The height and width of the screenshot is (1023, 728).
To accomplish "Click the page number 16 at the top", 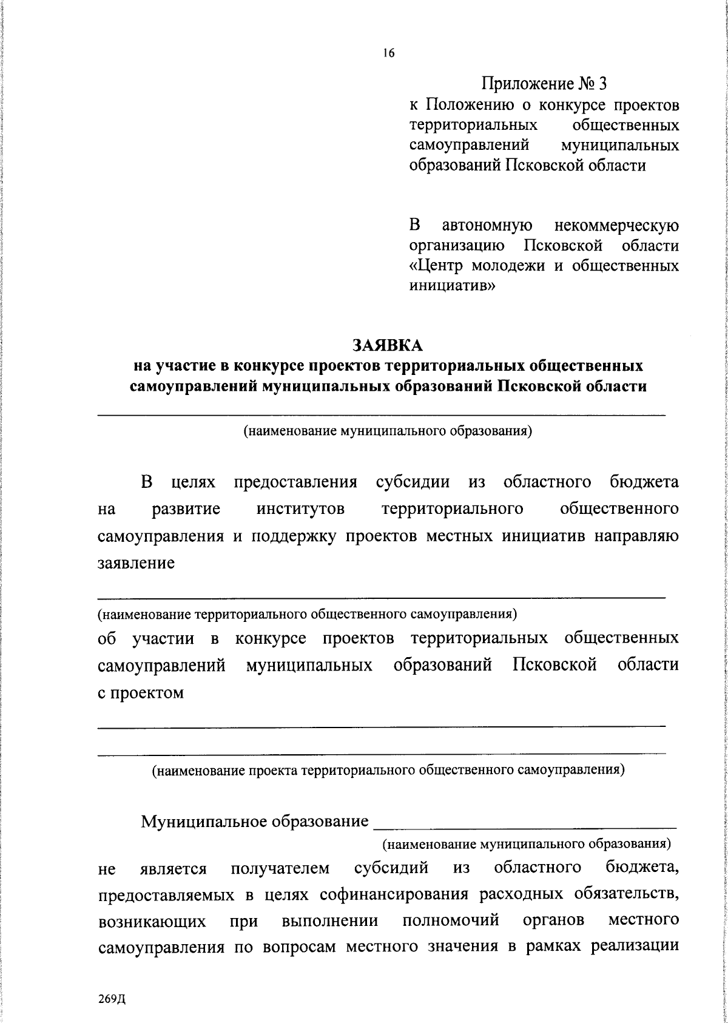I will [x=389, y=54].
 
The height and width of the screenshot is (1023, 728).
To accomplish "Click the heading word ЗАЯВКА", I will [x=388, y=345].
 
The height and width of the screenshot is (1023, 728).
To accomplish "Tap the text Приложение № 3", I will [x=544, y=83].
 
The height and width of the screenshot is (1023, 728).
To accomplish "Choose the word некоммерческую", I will [x=617, y=226].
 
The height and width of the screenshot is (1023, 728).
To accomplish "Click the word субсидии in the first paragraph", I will [x=413, y=482].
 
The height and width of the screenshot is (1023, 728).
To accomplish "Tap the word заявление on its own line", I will [x=136, y=562].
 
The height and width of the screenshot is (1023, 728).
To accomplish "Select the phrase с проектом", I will [x=141, y=692].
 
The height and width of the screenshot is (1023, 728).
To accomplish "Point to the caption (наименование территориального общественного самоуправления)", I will [x=308, y=614].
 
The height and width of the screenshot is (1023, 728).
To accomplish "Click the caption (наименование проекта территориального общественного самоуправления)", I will [x=388, y=771].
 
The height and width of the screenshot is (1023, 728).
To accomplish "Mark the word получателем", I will [x=280, y=868].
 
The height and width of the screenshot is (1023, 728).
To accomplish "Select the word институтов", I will [x=300, y=508].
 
